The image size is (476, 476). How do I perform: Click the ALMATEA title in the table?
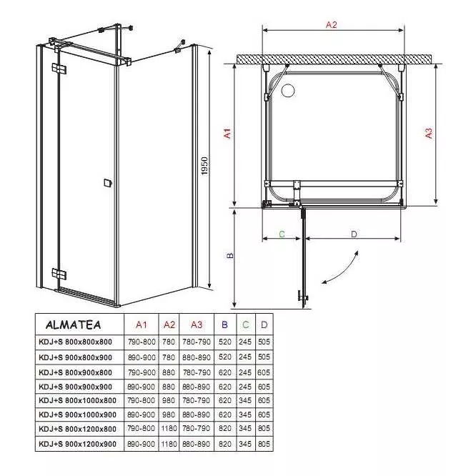(73, 324)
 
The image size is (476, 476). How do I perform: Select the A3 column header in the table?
(197, 324)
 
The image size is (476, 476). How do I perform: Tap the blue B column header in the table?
(224, 324)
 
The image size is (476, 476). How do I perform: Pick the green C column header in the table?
(246, 324)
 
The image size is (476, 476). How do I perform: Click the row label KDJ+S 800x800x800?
(75, 342)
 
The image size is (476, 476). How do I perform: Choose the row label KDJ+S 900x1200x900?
(77, 444)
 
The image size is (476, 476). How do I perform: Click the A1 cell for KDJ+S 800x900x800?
(142, 372)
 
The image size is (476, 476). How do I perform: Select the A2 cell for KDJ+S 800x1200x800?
(169, 428)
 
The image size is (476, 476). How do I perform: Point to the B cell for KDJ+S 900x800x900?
(225, 357)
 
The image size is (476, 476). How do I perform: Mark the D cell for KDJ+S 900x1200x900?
(264, 444)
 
